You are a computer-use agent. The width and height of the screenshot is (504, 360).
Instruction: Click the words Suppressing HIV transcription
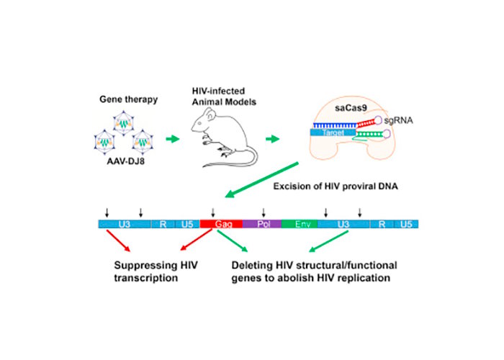156,270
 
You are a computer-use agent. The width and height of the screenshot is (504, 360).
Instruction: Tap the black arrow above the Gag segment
212,212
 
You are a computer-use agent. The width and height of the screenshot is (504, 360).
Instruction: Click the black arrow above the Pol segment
264,212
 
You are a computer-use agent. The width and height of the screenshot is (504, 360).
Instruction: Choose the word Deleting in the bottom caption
251,264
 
